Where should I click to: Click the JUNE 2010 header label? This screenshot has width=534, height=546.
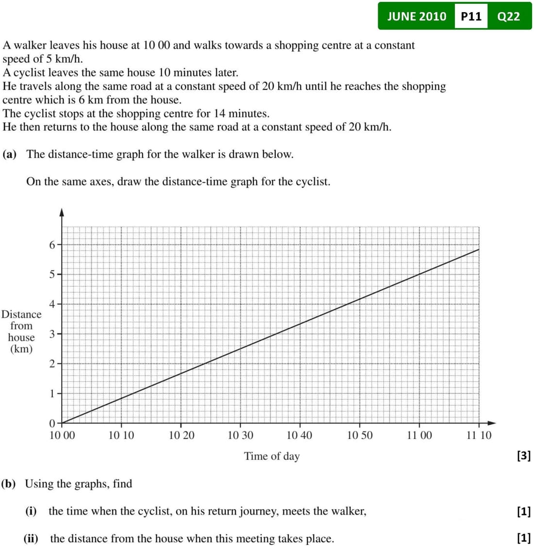417,17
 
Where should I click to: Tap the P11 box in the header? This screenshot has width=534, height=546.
471,17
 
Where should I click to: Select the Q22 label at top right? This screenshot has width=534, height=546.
509,17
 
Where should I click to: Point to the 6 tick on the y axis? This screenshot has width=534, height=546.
52,245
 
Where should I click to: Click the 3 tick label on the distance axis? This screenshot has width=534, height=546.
52,334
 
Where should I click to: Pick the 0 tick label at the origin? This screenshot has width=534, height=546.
52,423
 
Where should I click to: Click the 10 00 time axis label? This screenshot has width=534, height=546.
63,435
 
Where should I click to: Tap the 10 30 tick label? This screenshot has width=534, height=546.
241,435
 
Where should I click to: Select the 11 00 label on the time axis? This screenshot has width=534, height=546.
419,435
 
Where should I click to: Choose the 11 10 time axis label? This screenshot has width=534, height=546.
479,435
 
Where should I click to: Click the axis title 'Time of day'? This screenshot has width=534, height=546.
272,456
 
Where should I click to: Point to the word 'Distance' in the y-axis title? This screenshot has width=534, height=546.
21,314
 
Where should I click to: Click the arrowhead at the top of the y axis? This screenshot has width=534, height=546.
62,212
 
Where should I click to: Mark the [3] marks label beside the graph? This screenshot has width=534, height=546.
524,456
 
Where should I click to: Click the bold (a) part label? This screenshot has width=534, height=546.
10,154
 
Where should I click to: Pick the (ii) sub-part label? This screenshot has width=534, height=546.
31,538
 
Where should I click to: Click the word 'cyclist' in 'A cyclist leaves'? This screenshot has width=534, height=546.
29,73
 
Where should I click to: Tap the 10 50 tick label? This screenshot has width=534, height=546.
360,435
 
